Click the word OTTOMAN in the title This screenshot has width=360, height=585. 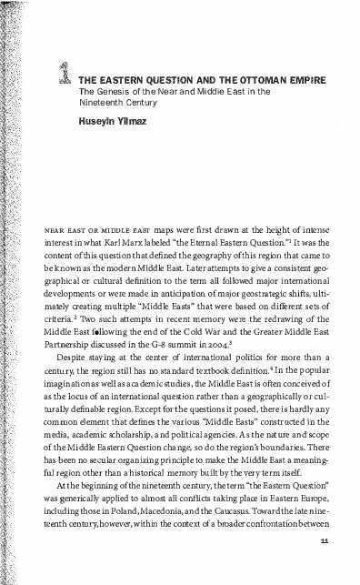[230, 78]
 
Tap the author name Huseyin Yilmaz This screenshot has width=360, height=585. [113, 118]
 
